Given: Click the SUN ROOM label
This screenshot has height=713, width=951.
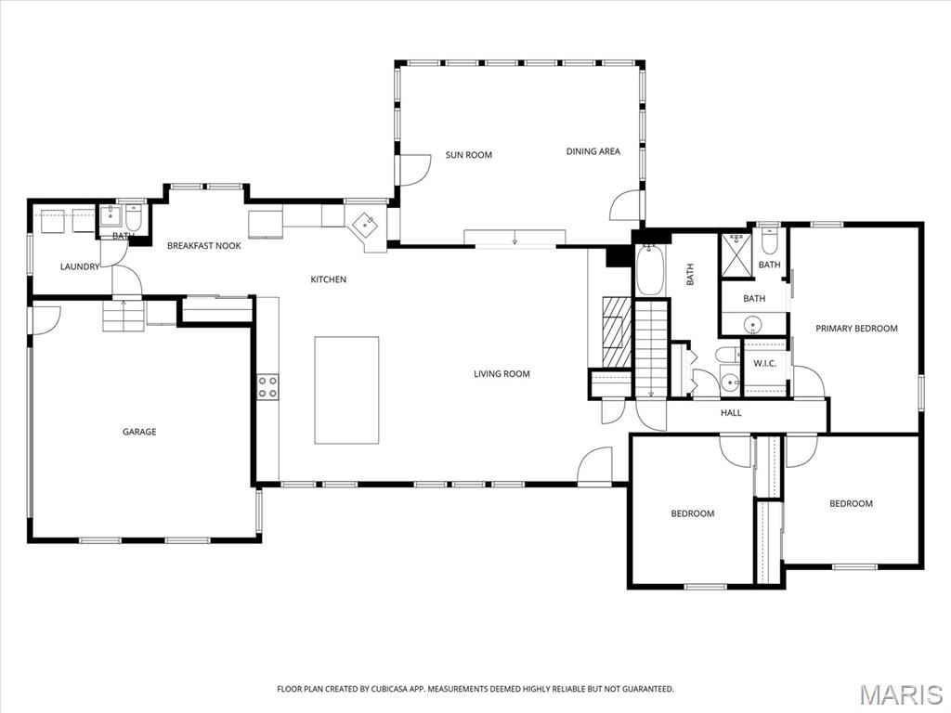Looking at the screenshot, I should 468,155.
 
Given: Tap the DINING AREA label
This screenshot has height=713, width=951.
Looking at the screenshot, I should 593,151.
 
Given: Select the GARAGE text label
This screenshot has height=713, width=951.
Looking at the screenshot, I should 139,432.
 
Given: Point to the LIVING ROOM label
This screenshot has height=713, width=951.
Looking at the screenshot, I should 502,374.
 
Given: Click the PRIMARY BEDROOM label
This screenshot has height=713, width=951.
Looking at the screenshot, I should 856,329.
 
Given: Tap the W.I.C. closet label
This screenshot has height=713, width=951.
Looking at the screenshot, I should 764,363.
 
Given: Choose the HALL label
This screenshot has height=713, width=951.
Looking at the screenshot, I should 731,413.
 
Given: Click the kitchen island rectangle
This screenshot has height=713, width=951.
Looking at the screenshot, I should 346,390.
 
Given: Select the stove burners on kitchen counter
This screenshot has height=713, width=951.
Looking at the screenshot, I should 267,387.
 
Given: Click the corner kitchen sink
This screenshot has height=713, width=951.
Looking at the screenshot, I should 367,224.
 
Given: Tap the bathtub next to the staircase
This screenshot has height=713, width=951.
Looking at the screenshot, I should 650,270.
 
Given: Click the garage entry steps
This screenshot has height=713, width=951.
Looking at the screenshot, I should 124,317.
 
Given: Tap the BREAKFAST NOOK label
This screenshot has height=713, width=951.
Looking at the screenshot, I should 203,246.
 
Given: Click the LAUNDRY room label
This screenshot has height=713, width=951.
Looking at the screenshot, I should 80,267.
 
